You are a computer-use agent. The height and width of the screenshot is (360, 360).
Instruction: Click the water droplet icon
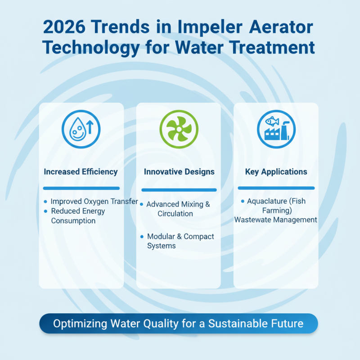(81, 130)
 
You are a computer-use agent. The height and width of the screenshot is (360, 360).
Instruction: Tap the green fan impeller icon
(179, 130)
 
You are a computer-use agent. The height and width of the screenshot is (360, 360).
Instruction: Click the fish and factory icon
(276, 130)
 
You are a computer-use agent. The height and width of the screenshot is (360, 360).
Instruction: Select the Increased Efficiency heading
(81, 171)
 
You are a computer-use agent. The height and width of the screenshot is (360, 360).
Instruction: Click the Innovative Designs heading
(179, 171)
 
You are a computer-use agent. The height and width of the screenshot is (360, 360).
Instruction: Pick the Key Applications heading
(276, 171)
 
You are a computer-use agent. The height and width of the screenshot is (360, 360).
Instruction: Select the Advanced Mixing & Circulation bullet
(178, 209)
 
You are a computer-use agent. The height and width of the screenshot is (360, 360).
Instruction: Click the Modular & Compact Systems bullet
(180, 241)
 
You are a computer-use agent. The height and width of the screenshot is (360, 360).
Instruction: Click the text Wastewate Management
(276, 220)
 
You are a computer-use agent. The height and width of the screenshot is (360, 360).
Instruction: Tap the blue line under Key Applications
(276, 188)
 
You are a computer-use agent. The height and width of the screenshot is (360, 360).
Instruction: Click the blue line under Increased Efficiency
(81, 188)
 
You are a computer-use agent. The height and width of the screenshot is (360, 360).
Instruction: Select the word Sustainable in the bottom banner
(242, 324)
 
